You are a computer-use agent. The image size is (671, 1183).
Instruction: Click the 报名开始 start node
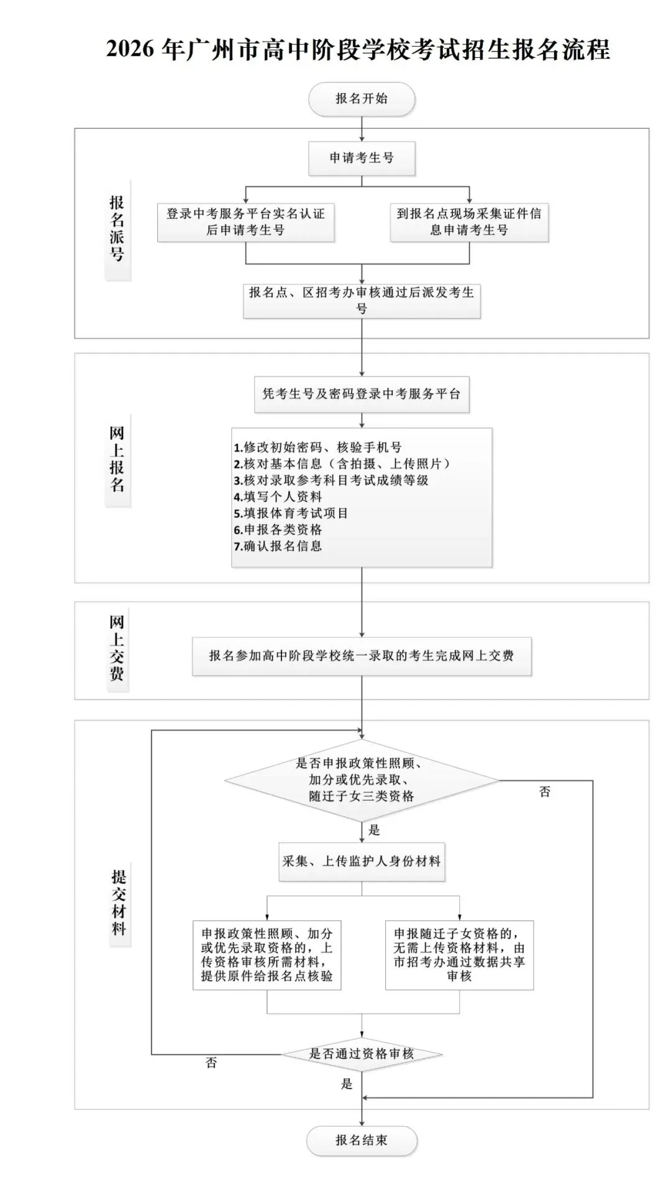(x=362, y=99)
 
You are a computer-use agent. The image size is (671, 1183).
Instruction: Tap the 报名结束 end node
(x=362, y=1140)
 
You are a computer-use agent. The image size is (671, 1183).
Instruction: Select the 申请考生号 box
(x=362, y=158)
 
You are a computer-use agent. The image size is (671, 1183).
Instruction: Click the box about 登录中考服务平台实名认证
(x=245, y=222)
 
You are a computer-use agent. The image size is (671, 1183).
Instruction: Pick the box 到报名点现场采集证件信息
(x=469, y=222)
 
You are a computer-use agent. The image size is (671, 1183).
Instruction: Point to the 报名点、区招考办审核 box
(x=362, y=300)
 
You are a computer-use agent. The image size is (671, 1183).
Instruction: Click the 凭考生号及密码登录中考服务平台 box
(x=362, y=394)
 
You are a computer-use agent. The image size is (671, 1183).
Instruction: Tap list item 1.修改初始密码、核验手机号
(x=318, y=447)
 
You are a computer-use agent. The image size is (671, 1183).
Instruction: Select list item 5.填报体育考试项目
(x=291, y=513)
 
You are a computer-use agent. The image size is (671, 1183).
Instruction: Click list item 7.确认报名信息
(x=278, y=546)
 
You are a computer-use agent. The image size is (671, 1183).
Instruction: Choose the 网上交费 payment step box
(x=362, y=655)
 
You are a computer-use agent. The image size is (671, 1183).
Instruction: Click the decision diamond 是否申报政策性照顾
(x=362, y=780)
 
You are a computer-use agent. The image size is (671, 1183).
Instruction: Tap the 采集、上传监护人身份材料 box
(x=362, y=861)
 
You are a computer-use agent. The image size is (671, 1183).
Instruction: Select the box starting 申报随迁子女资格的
(x=459, y=954)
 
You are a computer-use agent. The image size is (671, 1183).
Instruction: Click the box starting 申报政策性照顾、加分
(x=267, y=954)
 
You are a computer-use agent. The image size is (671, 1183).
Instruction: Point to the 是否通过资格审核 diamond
(x=362, y=1054)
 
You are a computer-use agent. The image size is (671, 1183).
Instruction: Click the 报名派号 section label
(x=117, y=229)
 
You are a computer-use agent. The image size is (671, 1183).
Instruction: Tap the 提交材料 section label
(x=119, y=903)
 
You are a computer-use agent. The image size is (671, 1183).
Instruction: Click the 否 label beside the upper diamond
(x=545, y=792)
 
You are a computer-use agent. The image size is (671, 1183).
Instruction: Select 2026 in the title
(x=130, y=49)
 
